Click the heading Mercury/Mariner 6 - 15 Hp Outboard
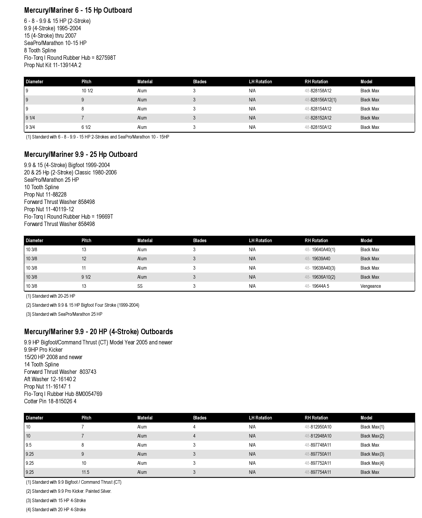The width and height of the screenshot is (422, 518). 78,10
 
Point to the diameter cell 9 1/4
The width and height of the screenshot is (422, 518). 30,118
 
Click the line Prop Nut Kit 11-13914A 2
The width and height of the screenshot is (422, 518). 53,65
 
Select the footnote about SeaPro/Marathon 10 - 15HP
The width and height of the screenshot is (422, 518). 97,137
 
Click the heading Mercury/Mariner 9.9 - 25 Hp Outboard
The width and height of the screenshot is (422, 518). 81,154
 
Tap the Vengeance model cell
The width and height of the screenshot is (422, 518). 370,286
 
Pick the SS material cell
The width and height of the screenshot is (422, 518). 140,286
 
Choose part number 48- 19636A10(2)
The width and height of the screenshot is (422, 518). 320,277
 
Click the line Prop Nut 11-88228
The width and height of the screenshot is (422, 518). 45,195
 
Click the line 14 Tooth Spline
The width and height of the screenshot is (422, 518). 41,364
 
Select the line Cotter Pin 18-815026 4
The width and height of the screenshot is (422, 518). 50,401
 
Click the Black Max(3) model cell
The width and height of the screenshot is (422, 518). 372,454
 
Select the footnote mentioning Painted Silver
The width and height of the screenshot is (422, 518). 69,491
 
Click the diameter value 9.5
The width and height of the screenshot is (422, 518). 29,445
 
